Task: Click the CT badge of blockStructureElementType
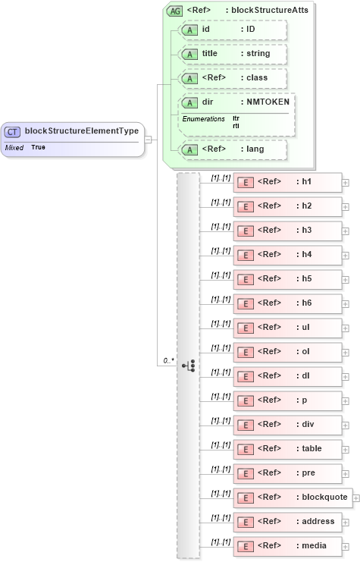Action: point(13,131)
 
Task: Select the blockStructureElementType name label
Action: point(82,130)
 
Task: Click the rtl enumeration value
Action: point(236,125)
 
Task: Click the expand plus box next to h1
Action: point(346,182)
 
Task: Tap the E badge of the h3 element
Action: point(245,231)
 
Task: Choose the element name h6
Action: point(305,303)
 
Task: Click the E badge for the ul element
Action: point(245,328)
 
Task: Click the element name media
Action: point(310,545)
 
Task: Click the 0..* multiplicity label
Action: point(167,361)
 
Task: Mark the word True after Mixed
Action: point(38,147)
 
